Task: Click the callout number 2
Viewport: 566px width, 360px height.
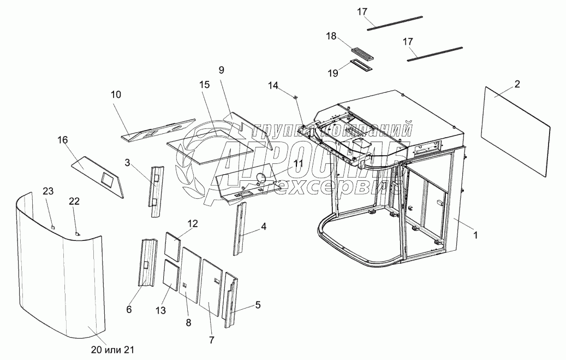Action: click(x=517, y=84)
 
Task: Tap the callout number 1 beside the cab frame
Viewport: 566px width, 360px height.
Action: click(x=475, y=235)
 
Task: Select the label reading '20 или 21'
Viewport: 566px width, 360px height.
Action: click(x=112, y=350)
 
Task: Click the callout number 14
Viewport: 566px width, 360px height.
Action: click(x=273, y=86)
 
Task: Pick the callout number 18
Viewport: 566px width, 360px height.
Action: click(x=331, y=36)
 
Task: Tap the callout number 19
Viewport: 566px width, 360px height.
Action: click(x=333, y=73)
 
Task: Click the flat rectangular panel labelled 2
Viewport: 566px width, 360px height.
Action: click(x=516, y=131)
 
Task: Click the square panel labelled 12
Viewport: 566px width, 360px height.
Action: click(x=172, y=246)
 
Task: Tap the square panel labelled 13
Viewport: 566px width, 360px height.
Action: click(x=171, y=276)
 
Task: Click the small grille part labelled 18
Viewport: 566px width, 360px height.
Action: click(x=360, y=53)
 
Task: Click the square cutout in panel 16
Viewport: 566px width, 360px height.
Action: click(x=107, y=178)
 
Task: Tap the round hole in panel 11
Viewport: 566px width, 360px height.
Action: click(x=260, y=177)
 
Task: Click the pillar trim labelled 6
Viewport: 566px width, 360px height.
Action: click(x=147, y=263)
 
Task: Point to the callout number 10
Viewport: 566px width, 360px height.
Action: click(x=116, y=95)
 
